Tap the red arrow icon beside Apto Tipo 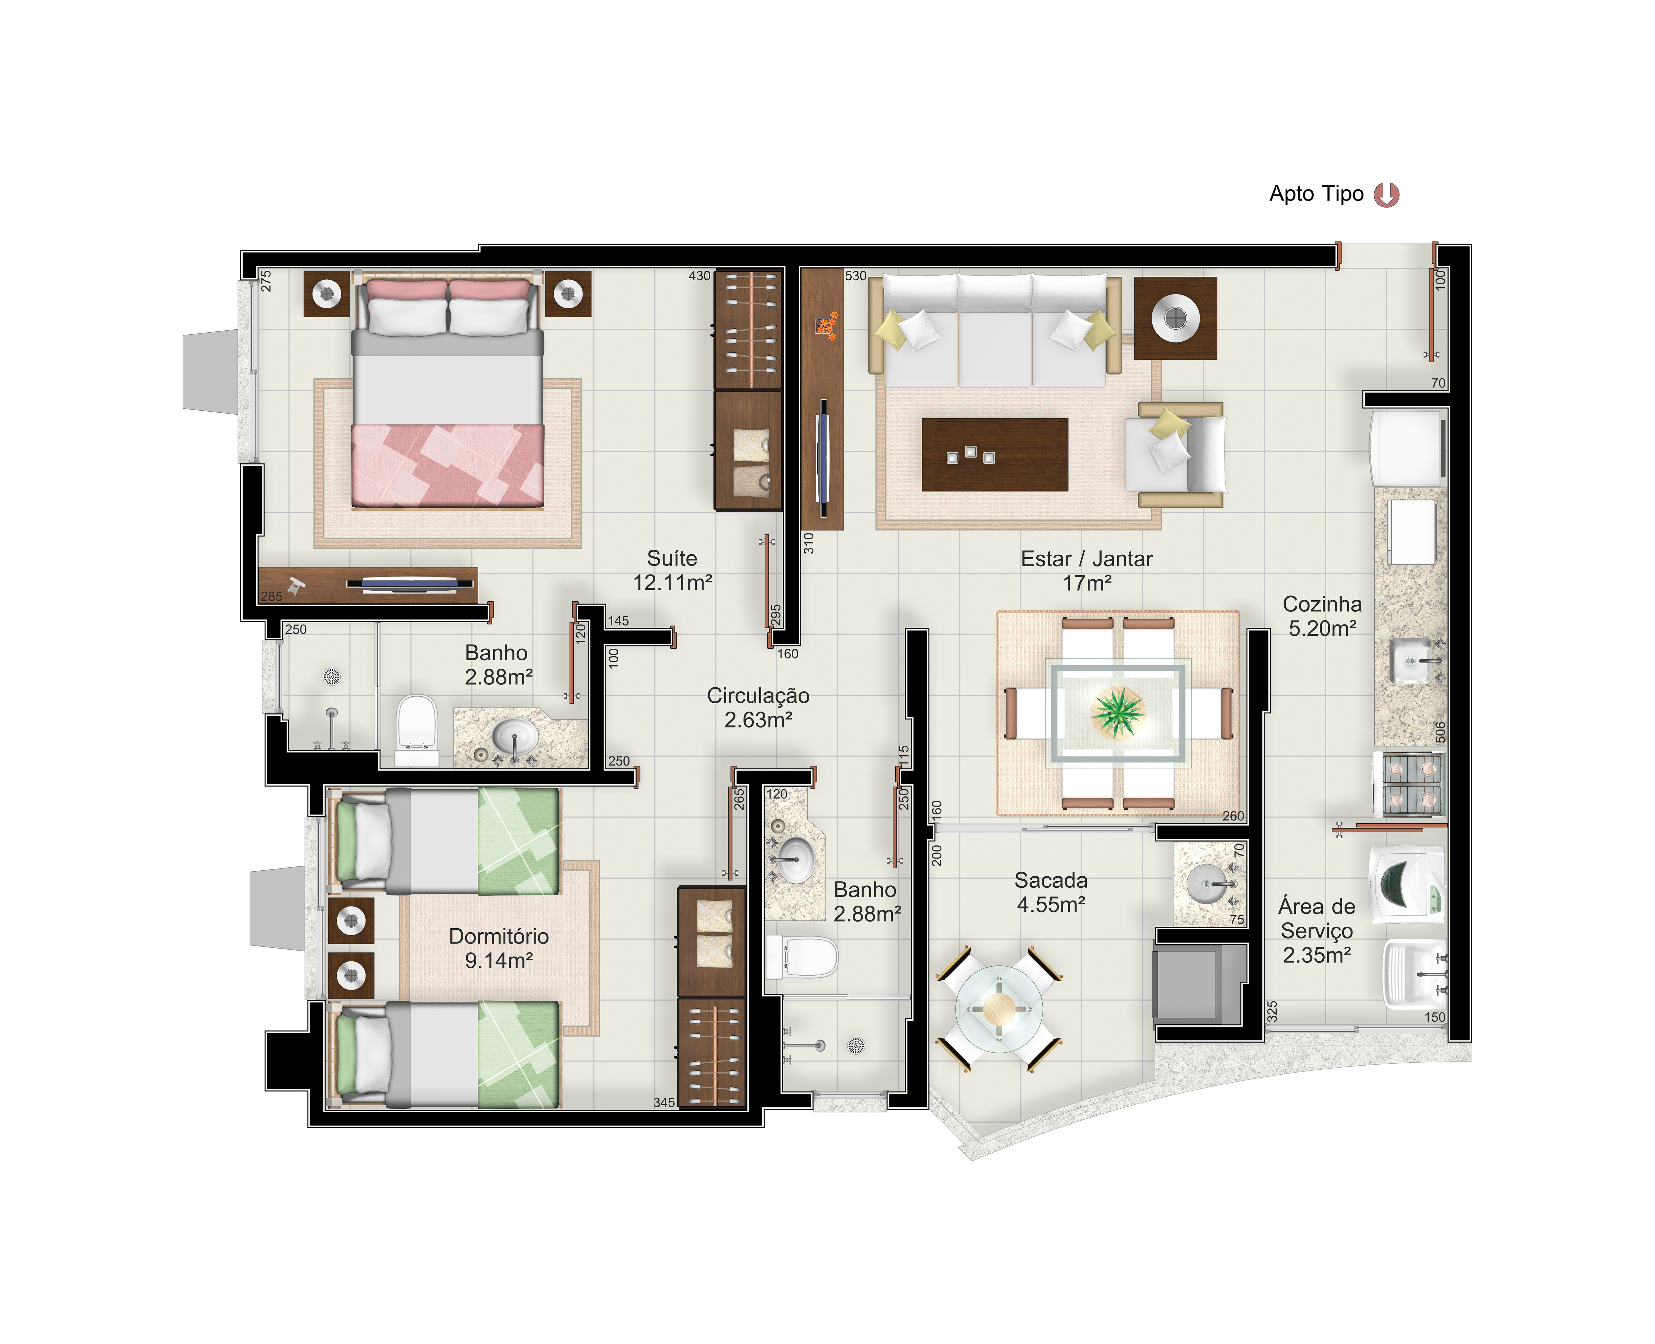[x=1386, y=194]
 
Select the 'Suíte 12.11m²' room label [x=672, y=571]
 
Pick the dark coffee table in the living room [x=995, y=454]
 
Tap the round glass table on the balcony [x=999, y=1009]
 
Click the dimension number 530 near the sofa [x=855, y=276]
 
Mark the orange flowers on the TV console [x=827, y=325]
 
